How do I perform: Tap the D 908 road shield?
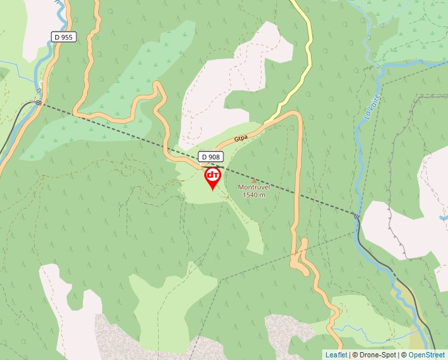tap(211, 157)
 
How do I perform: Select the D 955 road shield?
tap(64, 38)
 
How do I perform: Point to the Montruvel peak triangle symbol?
tap(254, 180)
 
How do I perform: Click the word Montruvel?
tap(254, 188)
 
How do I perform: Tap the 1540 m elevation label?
tap(254, 195)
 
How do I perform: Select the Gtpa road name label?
tap(242, 139)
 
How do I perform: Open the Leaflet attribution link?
tap(336, 355)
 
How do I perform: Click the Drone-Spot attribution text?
tap(375, 355)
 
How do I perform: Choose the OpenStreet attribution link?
tap(426, 355)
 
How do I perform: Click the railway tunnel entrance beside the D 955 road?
tap(38, 102)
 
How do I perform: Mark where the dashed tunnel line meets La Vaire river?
tap(357, 215)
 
